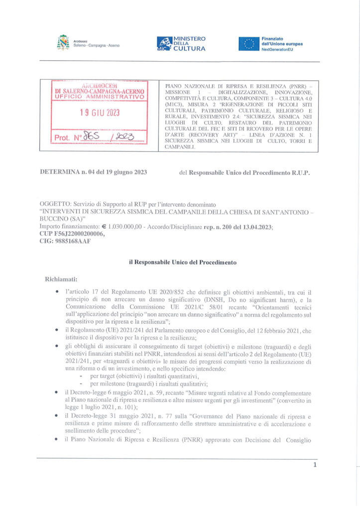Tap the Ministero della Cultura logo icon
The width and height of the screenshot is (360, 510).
[x=164, y=44]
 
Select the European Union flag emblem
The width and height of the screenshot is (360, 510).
[x=249, y=44]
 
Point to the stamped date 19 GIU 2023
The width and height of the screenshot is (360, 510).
[x=100, y=113]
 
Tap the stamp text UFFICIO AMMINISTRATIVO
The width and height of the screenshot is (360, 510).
[x=100, y=97]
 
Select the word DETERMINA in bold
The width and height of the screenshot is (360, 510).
[x=60, y=172]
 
